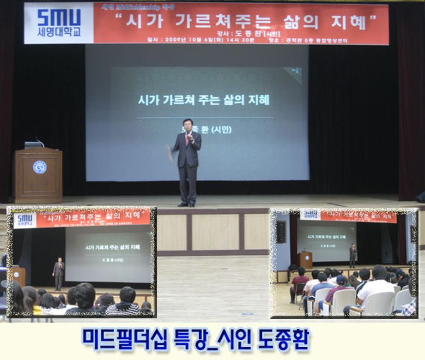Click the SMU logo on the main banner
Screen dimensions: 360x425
click(59, 18)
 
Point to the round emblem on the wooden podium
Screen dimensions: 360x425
click(40, 167)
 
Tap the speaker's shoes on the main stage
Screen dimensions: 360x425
click(187, 204)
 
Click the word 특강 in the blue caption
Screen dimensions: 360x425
click(188, 341)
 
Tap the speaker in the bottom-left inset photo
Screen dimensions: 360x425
click(59, 272)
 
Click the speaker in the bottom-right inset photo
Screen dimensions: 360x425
click(353, 255)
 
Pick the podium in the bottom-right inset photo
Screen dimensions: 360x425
click(305, 260)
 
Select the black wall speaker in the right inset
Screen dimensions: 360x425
click(281, 232)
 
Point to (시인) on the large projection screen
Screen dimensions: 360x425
click(221, 130)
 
